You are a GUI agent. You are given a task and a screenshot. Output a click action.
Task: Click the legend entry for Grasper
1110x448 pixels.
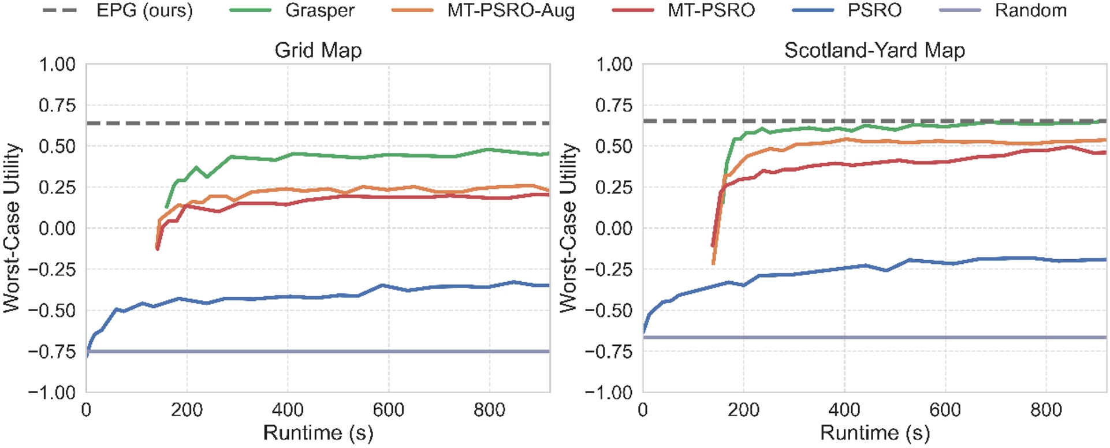click(319, 10)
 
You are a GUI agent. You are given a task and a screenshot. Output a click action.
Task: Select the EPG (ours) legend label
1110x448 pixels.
click(144, 10)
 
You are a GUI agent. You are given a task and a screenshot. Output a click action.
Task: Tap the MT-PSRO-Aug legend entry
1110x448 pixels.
click(511, 10)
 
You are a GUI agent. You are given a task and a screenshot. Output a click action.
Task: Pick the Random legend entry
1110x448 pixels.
click(1030, 10)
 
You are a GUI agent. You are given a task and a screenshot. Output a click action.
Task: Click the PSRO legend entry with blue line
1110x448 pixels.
click(874, 10)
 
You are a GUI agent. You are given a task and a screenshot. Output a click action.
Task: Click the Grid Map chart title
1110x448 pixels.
click(318, 51)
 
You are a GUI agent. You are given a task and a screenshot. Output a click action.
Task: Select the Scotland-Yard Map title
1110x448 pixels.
click(874, 51)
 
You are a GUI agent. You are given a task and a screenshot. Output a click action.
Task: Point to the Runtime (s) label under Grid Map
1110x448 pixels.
click(318, 433)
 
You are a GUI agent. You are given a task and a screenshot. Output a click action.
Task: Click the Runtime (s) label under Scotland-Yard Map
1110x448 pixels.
click(875, 433)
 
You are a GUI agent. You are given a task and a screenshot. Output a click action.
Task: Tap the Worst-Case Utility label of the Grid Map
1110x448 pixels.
click(12, 228)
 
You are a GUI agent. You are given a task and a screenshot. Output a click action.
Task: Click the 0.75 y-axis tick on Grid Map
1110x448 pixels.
click(57, 106)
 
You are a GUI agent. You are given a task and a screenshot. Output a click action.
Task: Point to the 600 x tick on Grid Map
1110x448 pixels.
click(388, 410)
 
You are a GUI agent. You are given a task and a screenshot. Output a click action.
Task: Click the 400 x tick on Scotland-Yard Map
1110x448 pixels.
click(844, 410)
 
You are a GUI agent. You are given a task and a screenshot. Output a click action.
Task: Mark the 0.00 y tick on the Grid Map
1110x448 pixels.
click(57, 229)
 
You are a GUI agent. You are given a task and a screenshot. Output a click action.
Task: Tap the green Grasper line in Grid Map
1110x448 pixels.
click(347, 155)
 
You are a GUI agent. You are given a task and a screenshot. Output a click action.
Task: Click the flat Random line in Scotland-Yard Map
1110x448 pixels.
click(866, 337)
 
